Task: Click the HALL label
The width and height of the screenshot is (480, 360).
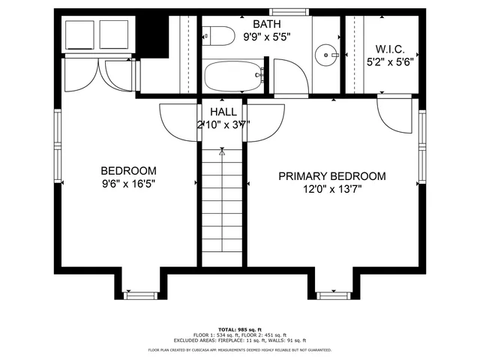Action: coord(223,112)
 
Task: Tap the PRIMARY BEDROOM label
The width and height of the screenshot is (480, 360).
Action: coord(331,176)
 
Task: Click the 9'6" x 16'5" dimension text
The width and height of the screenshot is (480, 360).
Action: coord(129,183)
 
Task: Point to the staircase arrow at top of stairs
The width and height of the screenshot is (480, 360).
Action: coord(222,151)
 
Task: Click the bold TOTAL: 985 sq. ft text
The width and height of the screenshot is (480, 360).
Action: coord(239,329)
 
